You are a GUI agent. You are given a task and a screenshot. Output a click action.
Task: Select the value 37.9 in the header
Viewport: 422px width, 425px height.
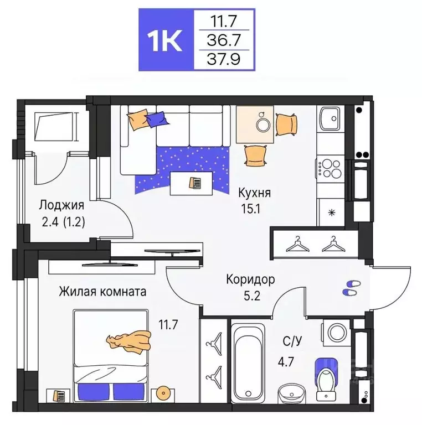click(x=224, y=58)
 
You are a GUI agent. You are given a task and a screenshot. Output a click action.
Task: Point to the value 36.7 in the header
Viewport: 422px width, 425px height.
click(x=224, y=40)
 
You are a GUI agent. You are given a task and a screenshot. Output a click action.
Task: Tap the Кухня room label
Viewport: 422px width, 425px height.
click(x=254, y=193)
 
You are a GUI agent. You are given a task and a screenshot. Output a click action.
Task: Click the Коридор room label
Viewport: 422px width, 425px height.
click(x=251, y=279)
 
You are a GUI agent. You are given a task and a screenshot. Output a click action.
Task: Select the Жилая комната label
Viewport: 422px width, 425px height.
click(x=102, y=292)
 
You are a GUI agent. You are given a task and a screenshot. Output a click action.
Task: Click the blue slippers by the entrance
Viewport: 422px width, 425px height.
click(x=351, y=286)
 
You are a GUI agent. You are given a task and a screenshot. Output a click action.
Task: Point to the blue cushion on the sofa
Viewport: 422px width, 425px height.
click(x=157, y=118)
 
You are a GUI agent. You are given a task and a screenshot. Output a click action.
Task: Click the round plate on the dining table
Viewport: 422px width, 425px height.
click(x=263, y=124)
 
